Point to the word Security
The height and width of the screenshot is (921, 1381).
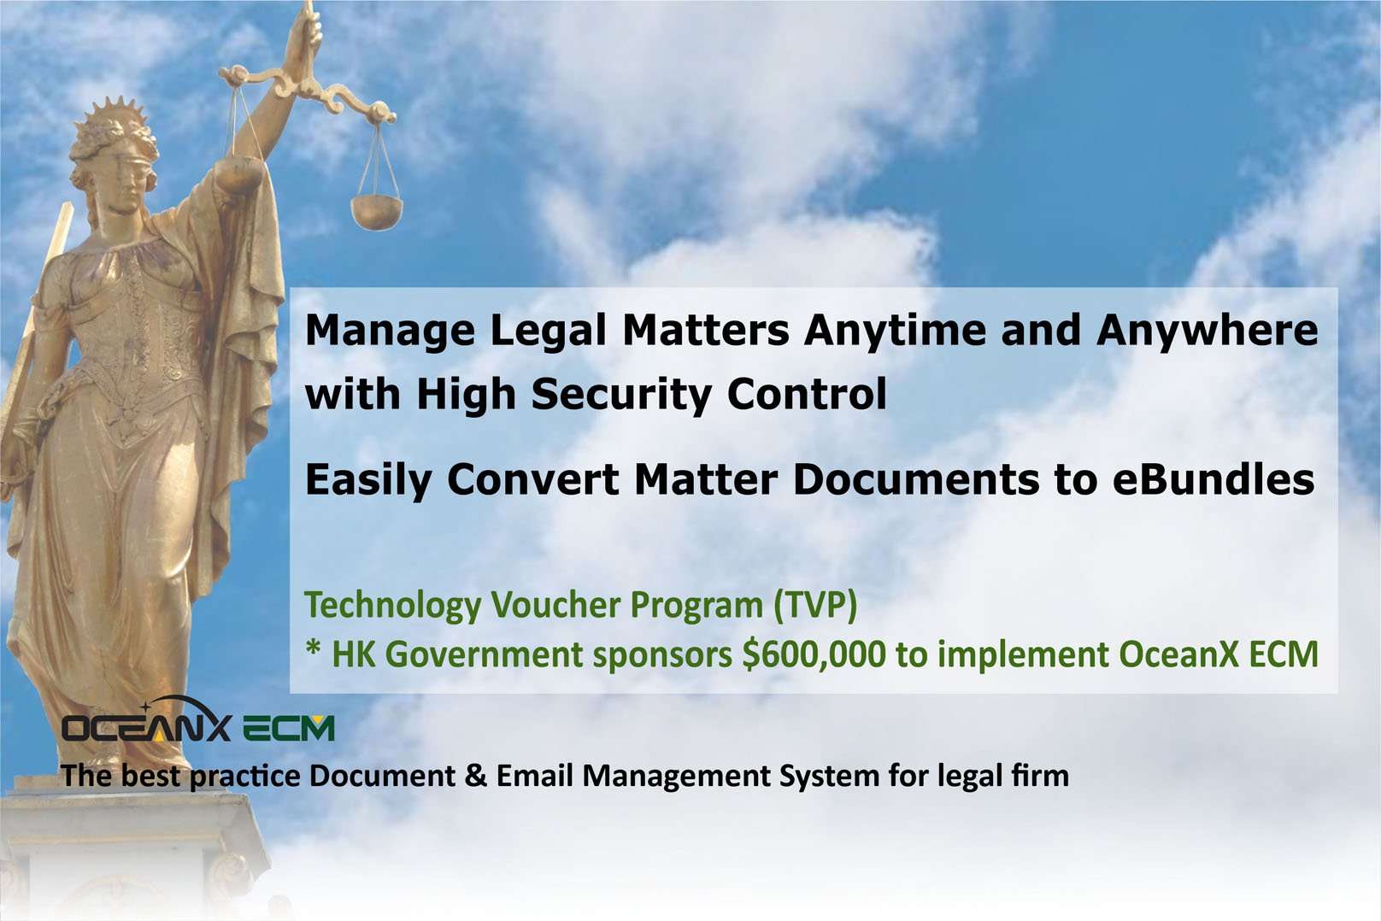(620, 396)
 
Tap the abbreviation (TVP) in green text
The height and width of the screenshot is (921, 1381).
(815, 606)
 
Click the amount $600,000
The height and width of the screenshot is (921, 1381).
(814, 654)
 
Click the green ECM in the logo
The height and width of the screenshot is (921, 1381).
(288, 729)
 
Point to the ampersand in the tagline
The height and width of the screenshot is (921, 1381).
(475, 776)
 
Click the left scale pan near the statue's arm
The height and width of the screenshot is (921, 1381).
(239, 173)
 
